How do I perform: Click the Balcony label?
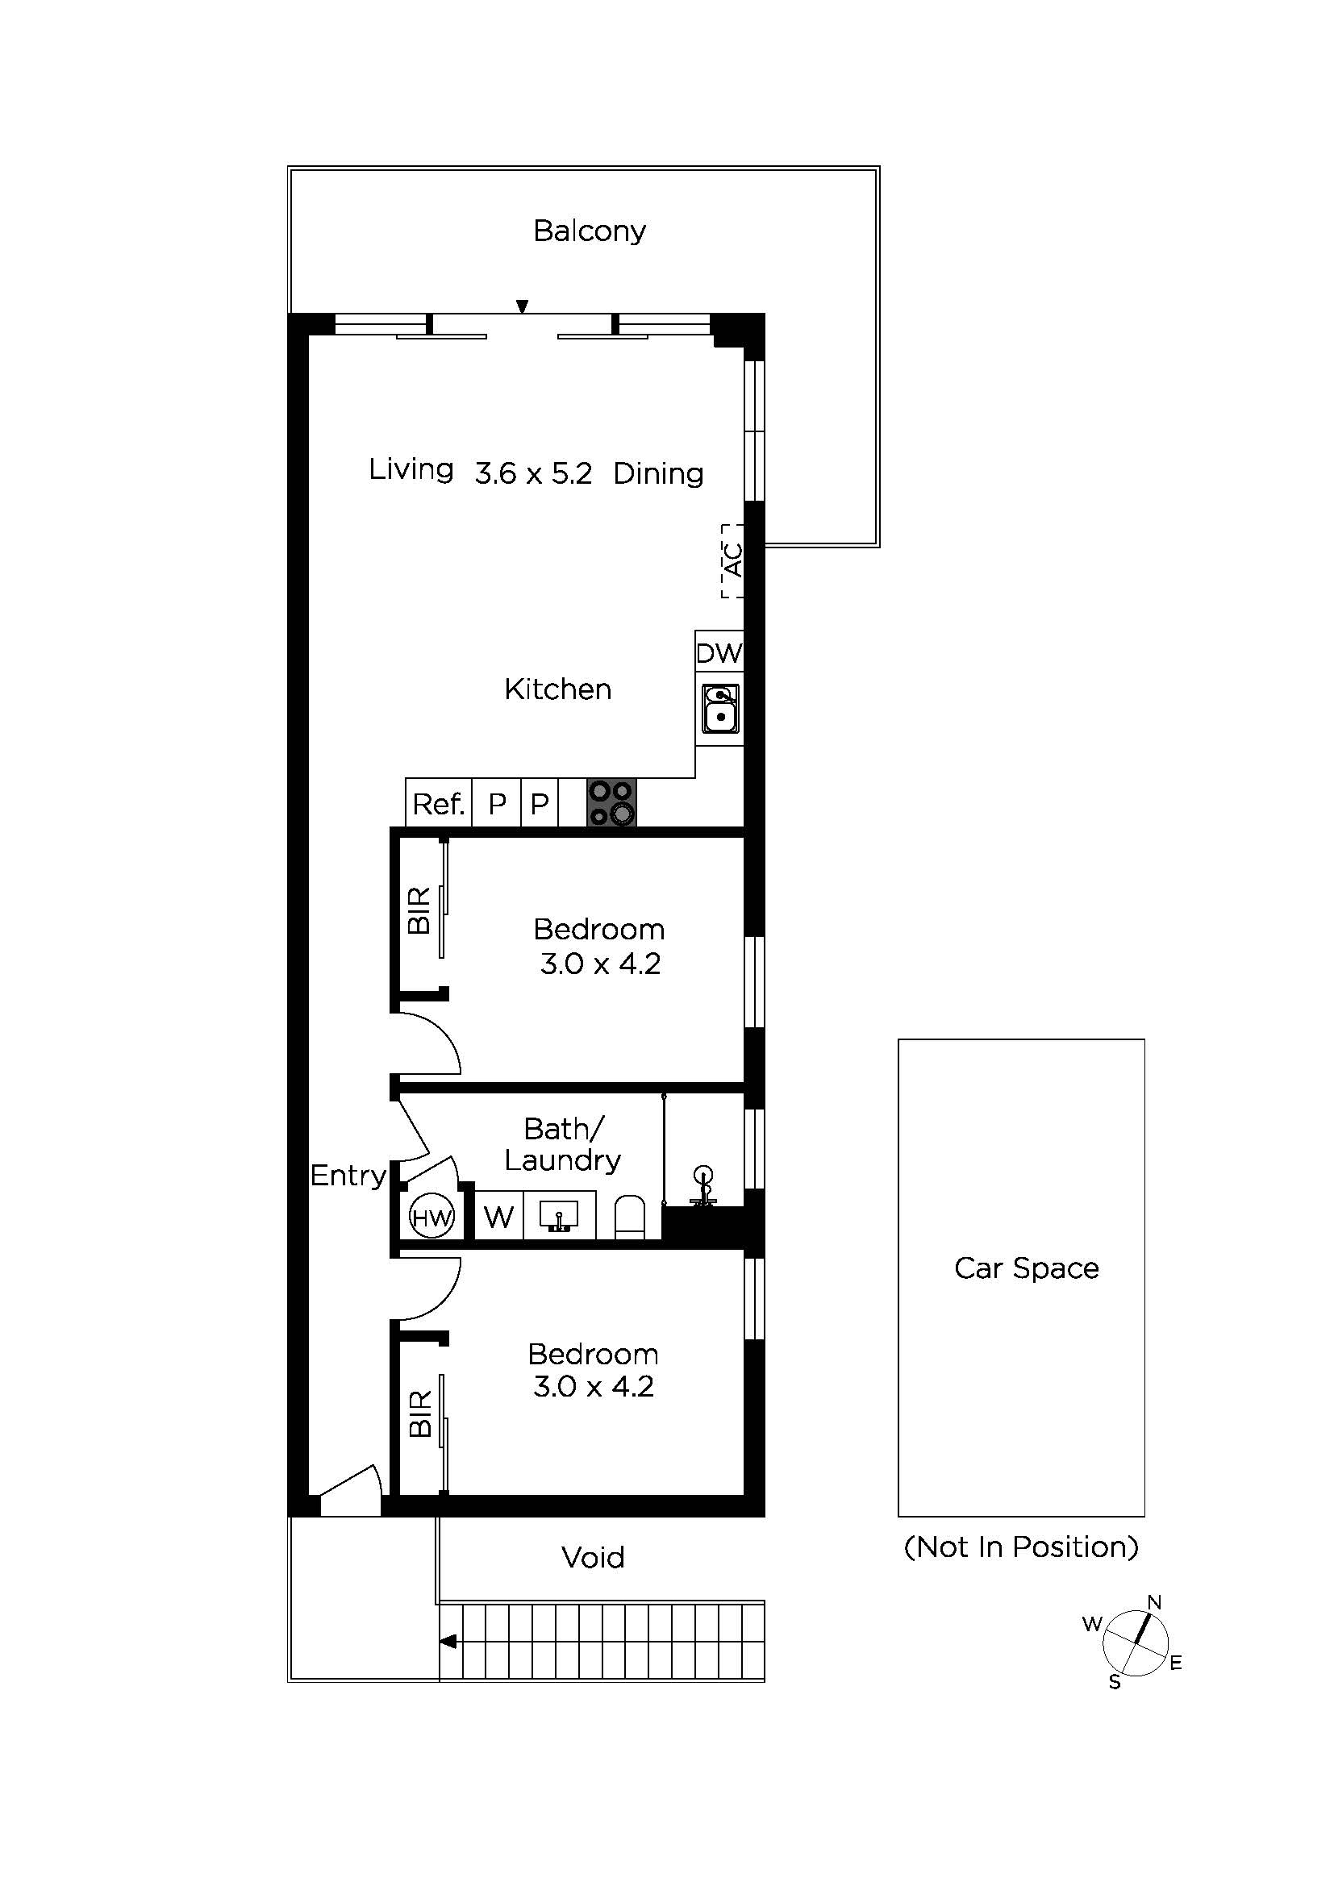(589, 231)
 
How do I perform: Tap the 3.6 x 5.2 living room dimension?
(533, 474)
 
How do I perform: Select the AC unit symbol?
(732, 560)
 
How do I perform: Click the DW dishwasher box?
(719, 653)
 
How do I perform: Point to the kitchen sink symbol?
(720, 708)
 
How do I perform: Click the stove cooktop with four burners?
(611, 802)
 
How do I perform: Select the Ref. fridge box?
(439, 803)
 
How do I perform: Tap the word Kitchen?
(558, 689)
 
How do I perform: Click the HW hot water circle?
(431, 1218)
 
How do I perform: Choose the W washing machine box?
(498, 1217)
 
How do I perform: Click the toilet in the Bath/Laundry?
(631, 1218)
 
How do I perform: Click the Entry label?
(348, 1176)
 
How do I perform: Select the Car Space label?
(1026, 1268)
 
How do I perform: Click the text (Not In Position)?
(1021, 1547)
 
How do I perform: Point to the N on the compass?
(1153, 1602)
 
